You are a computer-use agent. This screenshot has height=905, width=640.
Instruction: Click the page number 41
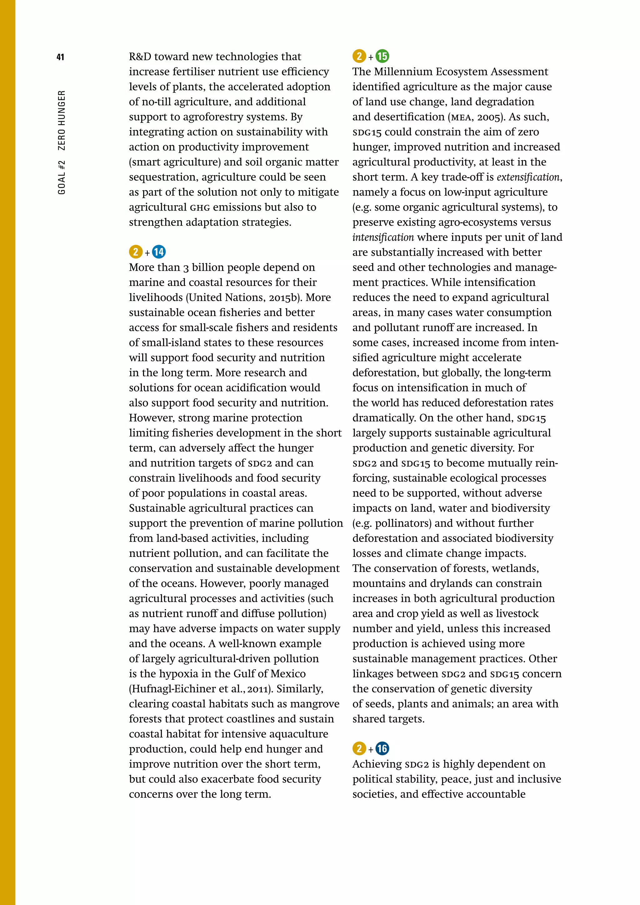tap(60, 57)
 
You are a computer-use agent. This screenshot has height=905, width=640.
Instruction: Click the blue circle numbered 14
tap(159, 252)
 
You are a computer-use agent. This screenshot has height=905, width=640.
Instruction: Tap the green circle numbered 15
tap(382, 56)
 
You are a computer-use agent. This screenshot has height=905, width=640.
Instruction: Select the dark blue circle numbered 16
tap(382, 748)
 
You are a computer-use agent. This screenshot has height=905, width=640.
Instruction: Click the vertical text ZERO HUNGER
tap(62, 121)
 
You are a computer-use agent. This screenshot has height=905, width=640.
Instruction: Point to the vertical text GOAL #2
tap(62, 177)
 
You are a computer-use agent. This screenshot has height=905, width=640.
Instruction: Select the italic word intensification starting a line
tap(383, 237)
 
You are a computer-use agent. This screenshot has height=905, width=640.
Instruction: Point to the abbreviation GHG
tap(200, 207)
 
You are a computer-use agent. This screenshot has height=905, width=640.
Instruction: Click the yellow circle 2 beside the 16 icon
tap(359, 748)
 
